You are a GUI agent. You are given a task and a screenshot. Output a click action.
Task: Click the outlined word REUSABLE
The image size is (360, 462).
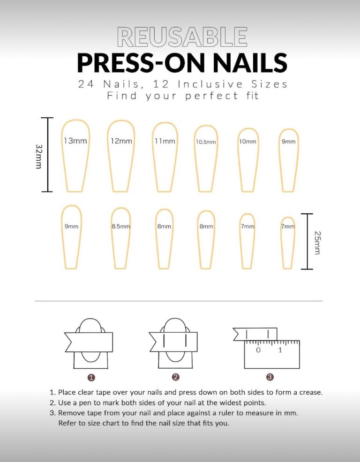click(182, 37)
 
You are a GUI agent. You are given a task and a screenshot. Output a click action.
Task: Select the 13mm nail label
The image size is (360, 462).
click(75, 141)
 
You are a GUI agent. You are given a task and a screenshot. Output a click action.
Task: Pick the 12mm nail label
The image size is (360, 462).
click(121, 141)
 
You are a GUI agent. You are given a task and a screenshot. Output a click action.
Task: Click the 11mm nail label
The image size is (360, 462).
click(165, 142)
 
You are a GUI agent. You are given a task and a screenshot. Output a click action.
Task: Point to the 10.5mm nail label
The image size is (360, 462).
click(206, 142)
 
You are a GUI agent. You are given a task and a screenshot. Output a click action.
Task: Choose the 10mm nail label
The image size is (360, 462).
click(247, 142)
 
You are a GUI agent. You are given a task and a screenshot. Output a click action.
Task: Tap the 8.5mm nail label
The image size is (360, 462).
click(121, 227)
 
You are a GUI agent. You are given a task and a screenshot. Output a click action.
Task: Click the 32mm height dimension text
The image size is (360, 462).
click(38, 156)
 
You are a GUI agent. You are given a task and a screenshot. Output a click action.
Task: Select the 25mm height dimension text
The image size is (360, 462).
click(317, 243)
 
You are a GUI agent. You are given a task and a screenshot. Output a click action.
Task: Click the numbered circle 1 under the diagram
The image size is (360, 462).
click(91, 378)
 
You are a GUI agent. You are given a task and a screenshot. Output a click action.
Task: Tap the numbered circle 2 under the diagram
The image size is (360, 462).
click(176, 377)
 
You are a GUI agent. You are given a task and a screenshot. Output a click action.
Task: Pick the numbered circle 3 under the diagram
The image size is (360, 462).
click(270, 377)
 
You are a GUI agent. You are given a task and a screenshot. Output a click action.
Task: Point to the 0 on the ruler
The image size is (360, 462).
click(259, 350)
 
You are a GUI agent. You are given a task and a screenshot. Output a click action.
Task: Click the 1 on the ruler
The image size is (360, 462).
click(280, 350)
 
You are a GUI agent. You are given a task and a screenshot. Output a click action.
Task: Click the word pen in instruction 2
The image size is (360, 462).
click(84, 403)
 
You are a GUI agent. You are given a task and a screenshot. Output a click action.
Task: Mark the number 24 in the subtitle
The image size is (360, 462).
click(86, 84)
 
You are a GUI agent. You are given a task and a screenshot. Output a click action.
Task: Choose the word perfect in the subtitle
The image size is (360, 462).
click(211, 96)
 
